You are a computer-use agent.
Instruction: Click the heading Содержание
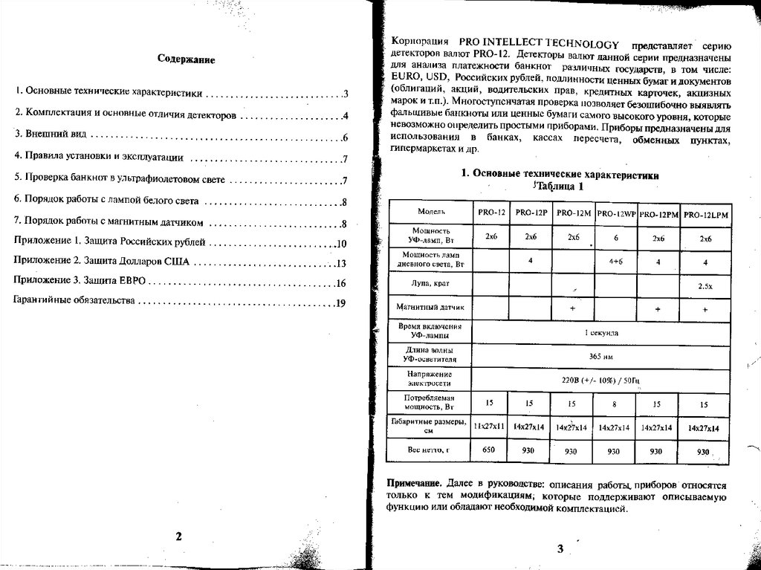[x=186, y=59]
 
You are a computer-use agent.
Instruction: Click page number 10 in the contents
[x=342, y=244]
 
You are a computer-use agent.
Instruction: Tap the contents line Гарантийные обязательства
[x=74, y=303]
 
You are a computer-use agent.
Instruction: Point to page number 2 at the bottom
[x=178, y=537]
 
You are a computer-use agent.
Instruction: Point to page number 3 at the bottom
[x=560, y=548]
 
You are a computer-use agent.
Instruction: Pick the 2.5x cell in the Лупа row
[x=704, y=285]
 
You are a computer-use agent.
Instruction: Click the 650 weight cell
[x=489, y=450]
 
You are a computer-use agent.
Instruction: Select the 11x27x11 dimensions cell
[x=489, y=427]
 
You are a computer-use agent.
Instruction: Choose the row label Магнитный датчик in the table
[x=430, y=307]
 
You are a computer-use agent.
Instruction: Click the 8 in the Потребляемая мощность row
[x=614, y=404]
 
